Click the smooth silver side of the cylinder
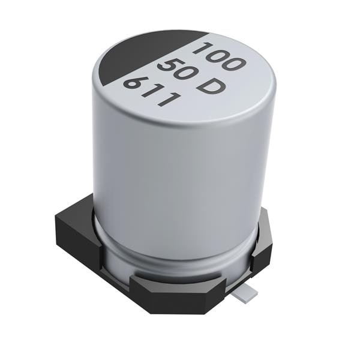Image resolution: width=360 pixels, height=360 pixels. point(180,180)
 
